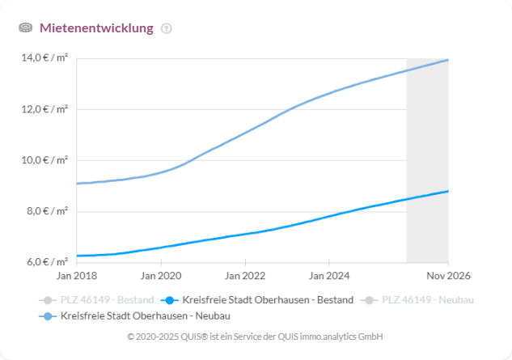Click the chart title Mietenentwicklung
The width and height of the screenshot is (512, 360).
pos(96,28)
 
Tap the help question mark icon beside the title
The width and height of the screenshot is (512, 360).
pos(167,28)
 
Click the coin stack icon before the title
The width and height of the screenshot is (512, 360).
pos(26,28)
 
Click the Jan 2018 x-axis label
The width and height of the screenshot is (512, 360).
pos(76,277)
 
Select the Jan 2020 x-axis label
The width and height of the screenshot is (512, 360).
pos(160,277)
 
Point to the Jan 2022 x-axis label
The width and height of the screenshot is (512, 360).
pos(244,277)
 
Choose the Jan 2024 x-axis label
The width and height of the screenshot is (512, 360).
pos(328,277)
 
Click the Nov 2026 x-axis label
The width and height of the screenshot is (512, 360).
pos(447,277)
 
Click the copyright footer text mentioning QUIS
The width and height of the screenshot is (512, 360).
pos(256,336)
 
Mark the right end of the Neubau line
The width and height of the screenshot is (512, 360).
pos(447,60)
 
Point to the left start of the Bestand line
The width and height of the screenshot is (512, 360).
pos(77,256)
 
